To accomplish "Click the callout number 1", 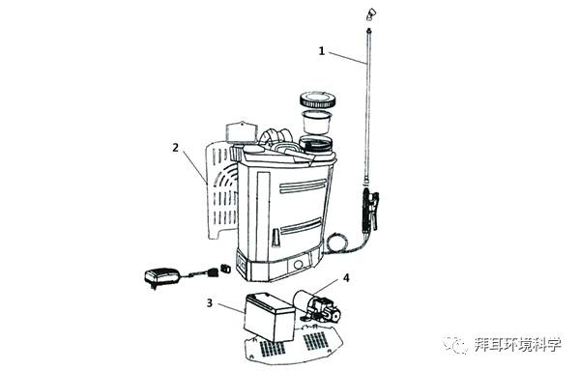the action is (322, 50).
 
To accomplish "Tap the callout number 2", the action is (175, 148).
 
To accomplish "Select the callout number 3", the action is (210, 303).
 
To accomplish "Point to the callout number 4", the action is (346, 277).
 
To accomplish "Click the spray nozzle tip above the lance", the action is (370, 14).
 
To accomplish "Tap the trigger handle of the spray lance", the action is (371, 209).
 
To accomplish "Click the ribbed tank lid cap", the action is (318, 100).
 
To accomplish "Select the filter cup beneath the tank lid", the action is (316, 122).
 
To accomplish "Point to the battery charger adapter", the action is (161, 276).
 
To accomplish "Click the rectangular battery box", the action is (270, 317).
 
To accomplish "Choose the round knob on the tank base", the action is (298, 264).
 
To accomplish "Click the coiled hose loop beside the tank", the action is (336, 243).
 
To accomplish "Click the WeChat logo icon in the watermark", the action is (456, 345).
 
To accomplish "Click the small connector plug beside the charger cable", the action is (225, 269).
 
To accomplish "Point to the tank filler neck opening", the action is (315, 144).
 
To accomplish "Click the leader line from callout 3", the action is (231, 309).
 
